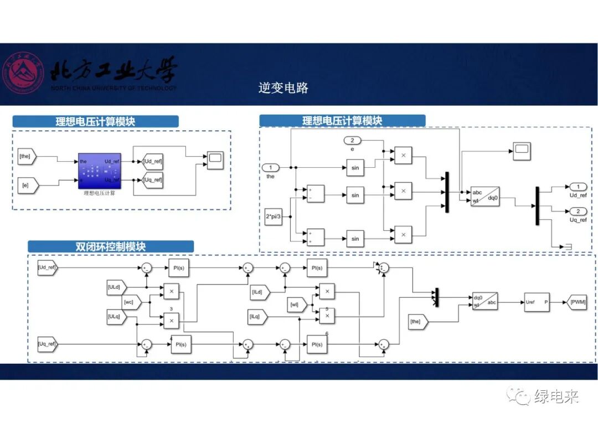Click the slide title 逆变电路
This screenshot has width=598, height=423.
point(283,87)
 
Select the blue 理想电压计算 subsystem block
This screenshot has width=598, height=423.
point(99,171)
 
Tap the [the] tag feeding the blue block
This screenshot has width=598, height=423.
point(27,157)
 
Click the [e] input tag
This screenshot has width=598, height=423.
point(27,184)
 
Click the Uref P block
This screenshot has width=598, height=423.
point(537,302)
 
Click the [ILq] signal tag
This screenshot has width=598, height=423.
point(258,317)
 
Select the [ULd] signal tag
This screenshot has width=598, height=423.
point(117,287)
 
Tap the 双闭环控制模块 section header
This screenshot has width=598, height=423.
point(111,246)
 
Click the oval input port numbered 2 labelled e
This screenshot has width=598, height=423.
point(352,140)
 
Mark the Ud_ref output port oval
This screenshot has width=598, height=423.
point(578,187)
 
